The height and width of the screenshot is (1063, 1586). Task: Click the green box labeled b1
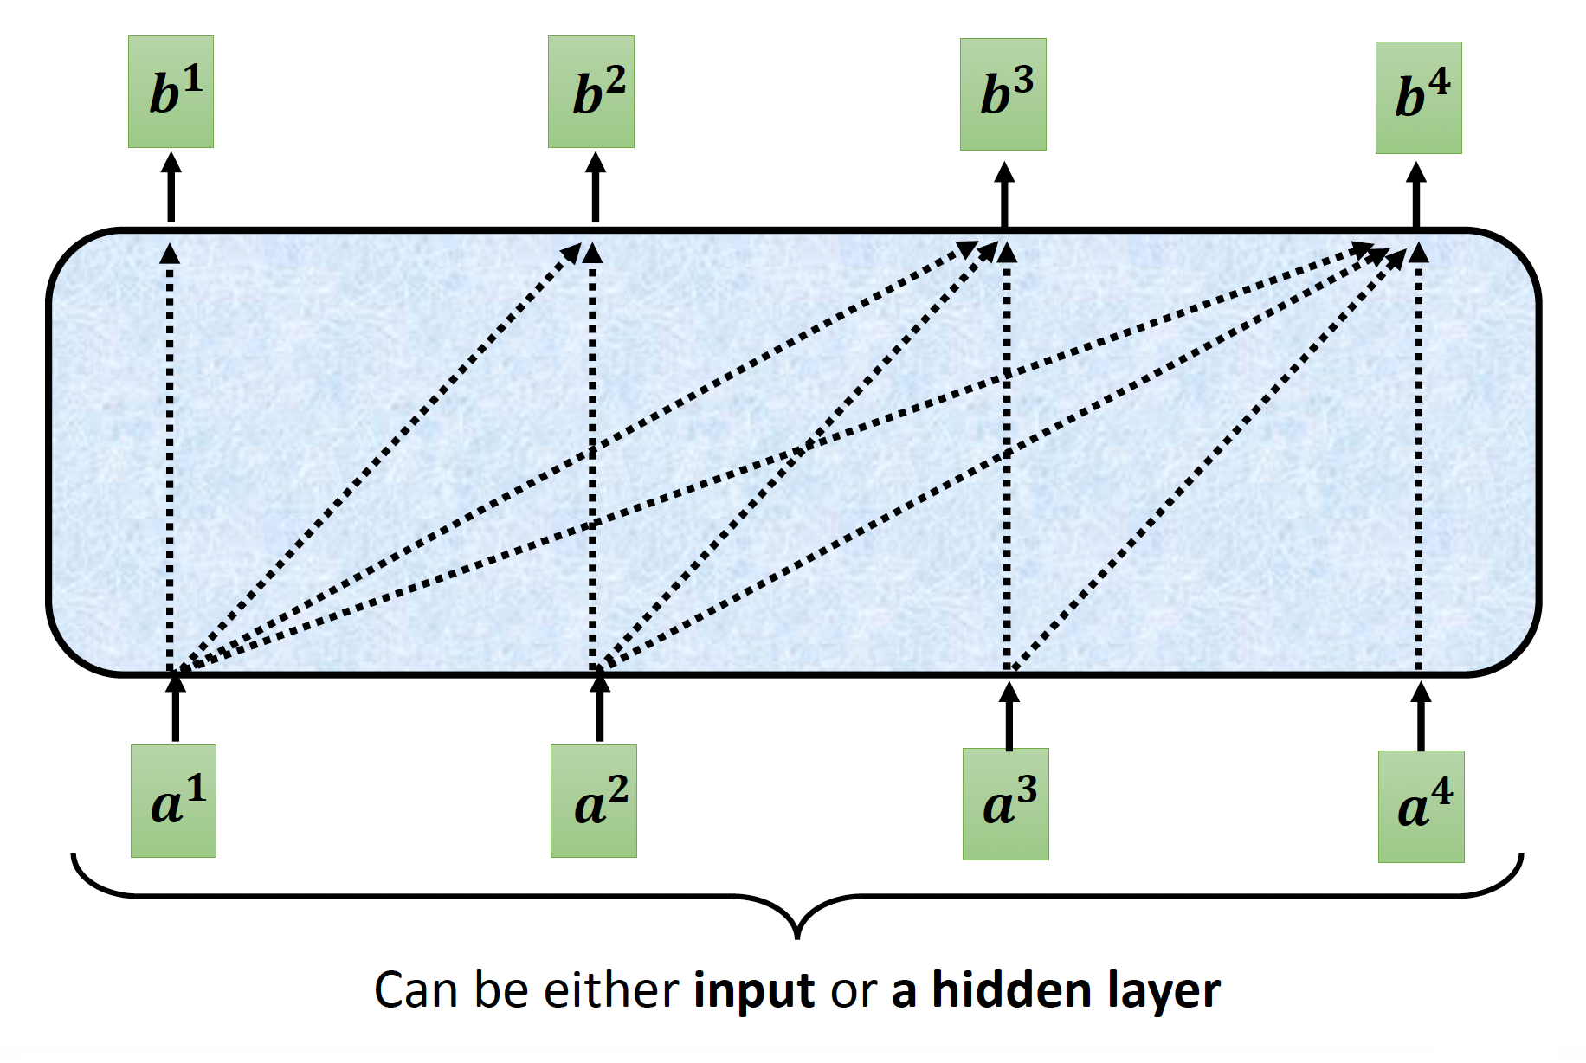pos(171,92)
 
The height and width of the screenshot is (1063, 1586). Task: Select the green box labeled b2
pos(591,92)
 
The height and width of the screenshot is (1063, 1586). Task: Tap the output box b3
pos(1003,94)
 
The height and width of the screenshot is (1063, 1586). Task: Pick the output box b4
pos(1419,98)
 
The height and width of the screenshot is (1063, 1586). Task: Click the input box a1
pos(173,801)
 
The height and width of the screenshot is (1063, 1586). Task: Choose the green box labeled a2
pos(594,801)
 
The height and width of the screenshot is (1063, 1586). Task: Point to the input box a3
pos(1006,804)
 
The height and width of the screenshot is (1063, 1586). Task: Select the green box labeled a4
pos(1422,807)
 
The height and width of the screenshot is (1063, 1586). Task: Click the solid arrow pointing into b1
pos(171,188)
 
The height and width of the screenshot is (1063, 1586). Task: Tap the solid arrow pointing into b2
pos(596,188)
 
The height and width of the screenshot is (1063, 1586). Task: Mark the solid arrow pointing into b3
pos(1004,196)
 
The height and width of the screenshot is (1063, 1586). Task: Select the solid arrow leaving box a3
pos(1009,717)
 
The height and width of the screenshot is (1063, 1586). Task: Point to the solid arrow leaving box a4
pos(1421,718)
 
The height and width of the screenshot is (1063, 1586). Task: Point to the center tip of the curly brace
pos(797,935)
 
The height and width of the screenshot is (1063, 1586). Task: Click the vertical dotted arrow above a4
pos(1418,459)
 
